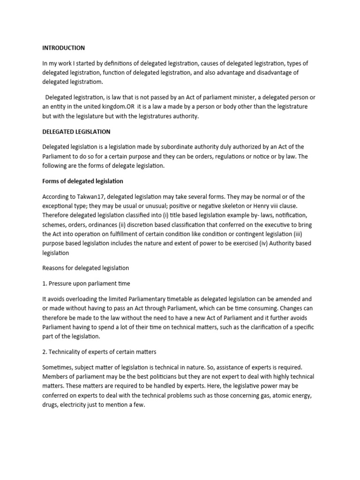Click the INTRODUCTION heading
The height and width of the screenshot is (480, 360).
click(63, 48)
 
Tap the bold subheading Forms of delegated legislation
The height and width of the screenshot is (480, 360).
click(82, 181)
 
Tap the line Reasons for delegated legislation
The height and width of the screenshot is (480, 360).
click(85, 268)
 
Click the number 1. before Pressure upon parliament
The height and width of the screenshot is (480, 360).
click(45, 284)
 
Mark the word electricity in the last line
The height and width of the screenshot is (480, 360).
click(76, 405)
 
